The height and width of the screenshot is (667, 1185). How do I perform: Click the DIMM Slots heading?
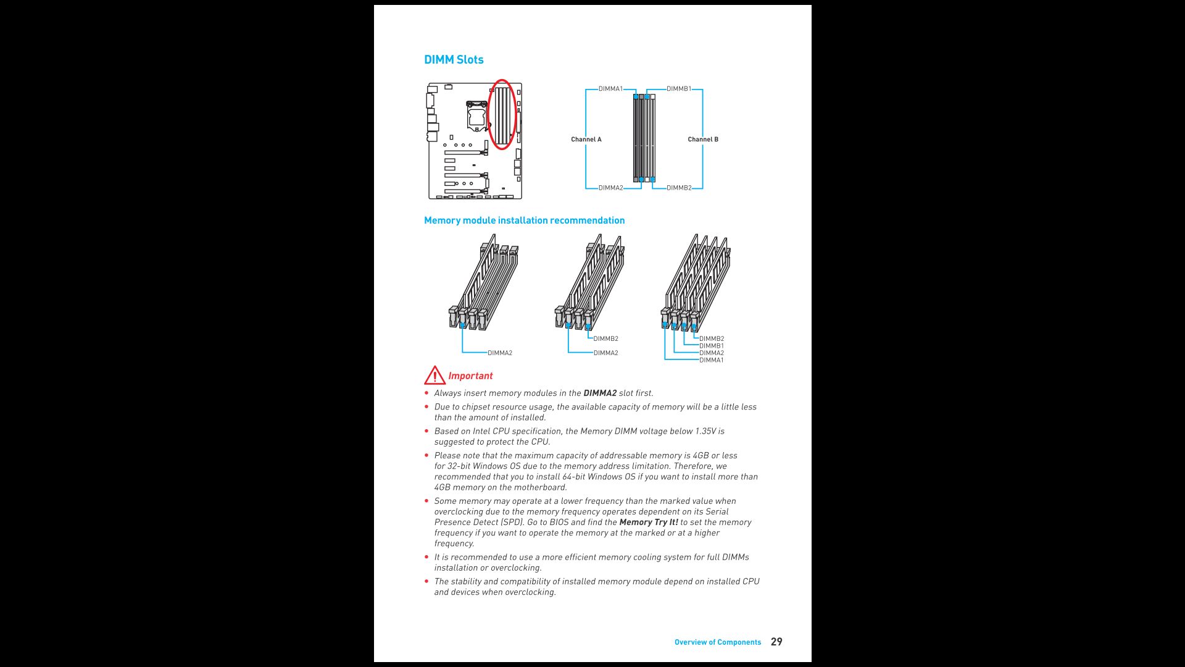point(454,60)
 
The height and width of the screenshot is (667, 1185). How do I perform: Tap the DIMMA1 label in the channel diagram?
point(610,89)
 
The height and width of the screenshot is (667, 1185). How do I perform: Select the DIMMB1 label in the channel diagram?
point(678,89)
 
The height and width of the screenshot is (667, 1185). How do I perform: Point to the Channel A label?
point(586,140)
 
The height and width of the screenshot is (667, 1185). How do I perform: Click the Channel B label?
point(703,140)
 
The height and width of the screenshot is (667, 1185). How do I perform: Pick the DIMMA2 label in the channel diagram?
point(610,188)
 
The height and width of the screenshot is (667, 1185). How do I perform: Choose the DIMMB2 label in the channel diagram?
point(679,188)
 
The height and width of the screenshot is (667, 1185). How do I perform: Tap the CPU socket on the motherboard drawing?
point(476,116)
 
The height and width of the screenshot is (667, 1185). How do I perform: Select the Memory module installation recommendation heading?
point(524,220)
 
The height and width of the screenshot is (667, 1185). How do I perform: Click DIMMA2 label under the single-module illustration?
point(500,353)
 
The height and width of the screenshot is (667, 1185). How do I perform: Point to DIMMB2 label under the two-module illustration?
point(605,339)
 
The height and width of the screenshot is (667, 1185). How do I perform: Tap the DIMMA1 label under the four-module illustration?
point(711,360)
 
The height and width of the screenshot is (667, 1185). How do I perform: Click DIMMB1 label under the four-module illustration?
point(711,346)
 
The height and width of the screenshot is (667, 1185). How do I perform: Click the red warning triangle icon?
point(434,375)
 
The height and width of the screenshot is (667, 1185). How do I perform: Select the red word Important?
point(470,376)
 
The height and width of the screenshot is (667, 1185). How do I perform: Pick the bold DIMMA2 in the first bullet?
point(599,393)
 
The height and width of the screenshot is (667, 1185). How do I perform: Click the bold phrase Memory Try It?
point(648,522)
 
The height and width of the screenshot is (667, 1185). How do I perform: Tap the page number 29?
point(776,642)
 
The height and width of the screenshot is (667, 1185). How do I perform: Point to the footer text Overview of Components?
point(717,642)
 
